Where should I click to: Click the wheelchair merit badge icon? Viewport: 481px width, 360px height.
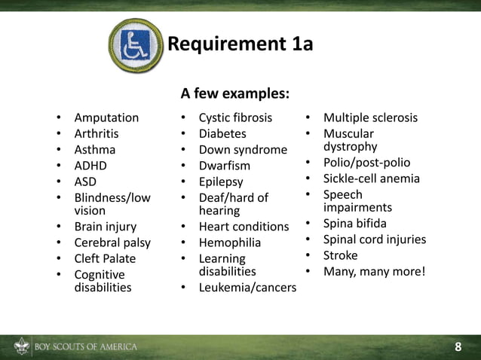point(135,45)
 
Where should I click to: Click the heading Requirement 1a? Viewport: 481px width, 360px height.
point(240,44)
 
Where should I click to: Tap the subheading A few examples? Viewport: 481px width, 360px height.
point(234,94)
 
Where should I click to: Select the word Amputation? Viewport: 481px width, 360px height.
point(106,117)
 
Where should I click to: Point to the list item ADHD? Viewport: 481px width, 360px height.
point(90,166)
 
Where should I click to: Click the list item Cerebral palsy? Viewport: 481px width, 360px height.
point(112,243)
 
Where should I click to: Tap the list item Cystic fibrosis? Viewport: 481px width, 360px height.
point(235,117)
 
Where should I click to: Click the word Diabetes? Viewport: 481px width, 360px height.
point(222,133)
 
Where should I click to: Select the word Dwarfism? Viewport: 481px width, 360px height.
point(224,166)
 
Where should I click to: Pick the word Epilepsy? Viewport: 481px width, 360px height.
point(221,182)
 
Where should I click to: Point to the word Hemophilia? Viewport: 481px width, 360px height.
point(230,243)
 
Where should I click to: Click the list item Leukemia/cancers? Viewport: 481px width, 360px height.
point(247,288)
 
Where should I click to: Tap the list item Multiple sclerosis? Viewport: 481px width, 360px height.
point(370,117)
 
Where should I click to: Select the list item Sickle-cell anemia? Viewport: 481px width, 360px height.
point(372,178)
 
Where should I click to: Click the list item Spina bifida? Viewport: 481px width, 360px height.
point(354,224)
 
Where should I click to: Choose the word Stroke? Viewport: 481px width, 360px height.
point(341,255)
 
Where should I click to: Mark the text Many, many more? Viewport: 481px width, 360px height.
point(375,271)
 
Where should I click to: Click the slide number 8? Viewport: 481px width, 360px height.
point(458,347)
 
